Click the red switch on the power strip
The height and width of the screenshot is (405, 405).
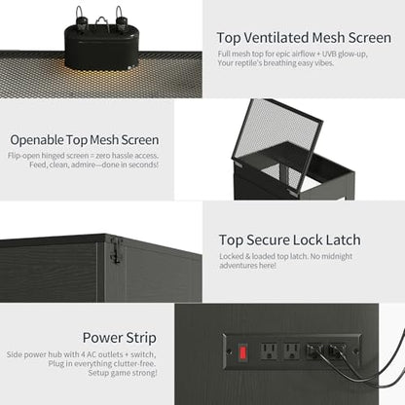(243, 352)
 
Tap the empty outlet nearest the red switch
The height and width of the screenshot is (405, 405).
(269, 351)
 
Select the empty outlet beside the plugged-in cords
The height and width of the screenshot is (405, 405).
(291, 351)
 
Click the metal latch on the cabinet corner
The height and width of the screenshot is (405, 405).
(117, 250)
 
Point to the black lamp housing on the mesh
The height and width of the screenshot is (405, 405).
(102, 46)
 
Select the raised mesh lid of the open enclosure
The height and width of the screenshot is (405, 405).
(276, 144)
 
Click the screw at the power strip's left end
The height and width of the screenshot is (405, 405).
(230, 351)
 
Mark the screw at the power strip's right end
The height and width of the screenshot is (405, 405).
(355, 351)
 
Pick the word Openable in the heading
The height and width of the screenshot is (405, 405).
(37, 140)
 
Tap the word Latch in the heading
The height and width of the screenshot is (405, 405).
(343, 240)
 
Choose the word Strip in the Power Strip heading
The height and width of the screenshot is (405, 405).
(141, 338)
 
